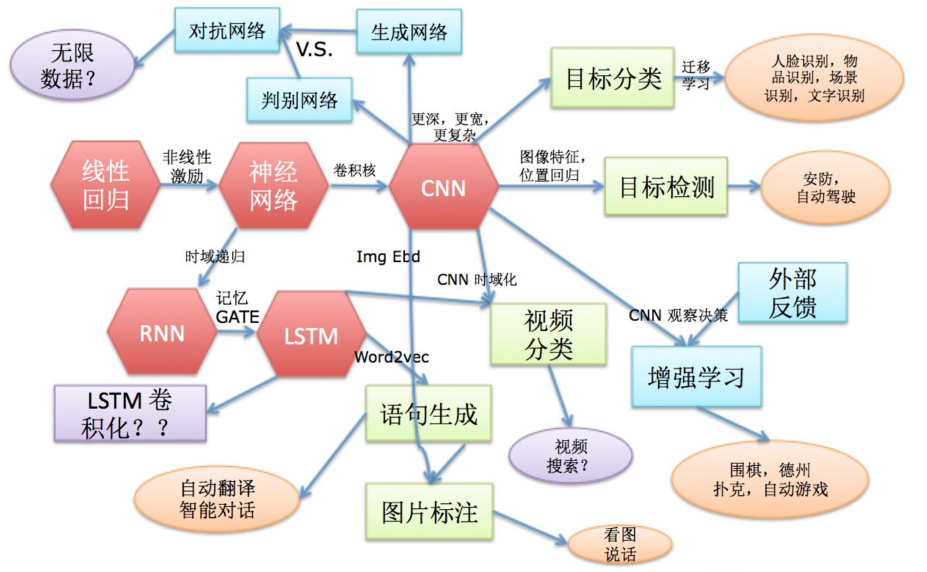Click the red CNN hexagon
point(443,187)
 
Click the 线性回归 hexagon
point(105,185)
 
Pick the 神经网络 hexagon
point(273,185)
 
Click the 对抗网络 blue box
point(227,30)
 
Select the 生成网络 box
point(409,32)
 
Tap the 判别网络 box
point(299,100)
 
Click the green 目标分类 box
point(612,78)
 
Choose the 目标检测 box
point(666,187)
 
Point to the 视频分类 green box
point(548,335)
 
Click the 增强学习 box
point(696,377)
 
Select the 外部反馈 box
point(792,293)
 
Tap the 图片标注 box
point(429,512)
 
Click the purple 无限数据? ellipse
point(71,65)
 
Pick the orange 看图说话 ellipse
point(620,544)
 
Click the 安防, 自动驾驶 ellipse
point(825,187)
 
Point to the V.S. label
point(314,50)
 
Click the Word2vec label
point(391,357)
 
